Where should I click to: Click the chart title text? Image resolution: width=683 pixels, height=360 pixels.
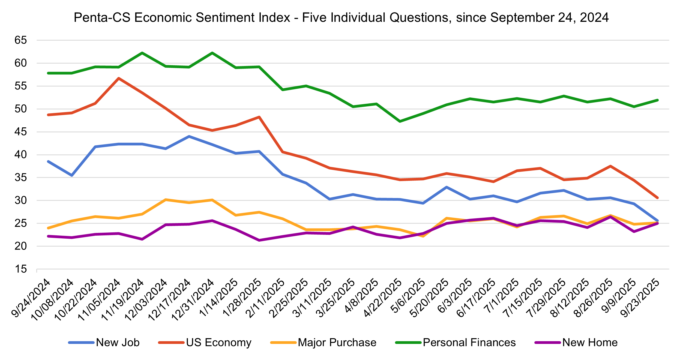point(341,18)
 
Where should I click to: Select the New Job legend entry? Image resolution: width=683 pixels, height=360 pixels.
point(118,343)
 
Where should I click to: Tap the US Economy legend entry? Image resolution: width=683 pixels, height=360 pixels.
point(218,343)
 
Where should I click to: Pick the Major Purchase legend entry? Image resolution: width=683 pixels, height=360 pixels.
point(337,343)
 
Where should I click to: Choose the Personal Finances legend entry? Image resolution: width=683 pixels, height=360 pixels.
point(469,343)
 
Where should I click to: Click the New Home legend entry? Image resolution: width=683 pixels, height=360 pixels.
point(590,343)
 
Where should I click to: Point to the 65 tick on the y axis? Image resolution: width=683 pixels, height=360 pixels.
point(21,40)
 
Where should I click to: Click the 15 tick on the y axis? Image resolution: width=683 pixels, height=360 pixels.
point(21,269)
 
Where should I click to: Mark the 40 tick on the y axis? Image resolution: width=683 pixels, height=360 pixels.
point(21,155)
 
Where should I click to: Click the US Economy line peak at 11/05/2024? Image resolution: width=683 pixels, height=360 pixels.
point(119,78)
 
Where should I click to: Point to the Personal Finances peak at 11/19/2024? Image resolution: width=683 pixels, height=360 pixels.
point(142,53)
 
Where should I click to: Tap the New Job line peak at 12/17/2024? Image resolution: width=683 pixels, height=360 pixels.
point(189,136)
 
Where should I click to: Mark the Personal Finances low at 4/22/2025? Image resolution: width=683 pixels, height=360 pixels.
point(400,121)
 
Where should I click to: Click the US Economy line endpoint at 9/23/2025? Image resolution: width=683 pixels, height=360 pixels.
point(657,198)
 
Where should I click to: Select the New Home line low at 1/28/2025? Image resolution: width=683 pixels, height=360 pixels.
point(259,240)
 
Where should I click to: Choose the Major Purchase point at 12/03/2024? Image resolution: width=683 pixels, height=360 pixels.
point(166,200)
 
